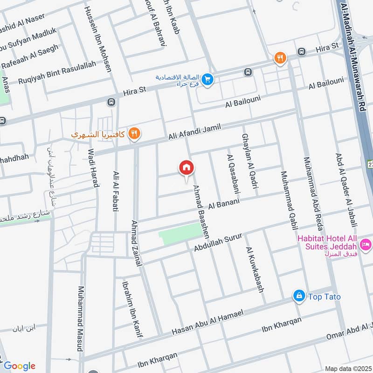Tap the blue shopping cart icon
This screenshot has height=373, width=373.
pos(208,80)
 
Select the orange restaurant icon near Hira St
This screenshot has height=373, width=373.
pos(280,58)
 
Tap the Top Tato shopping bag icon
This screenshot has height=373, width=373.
pos(298,296)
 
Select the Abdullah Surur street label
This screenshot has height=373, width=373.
pos(218,242)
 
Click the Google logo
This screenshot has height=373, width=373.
pos(19,366)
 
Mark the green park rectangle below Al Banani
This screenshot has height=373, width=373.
pos(180,233)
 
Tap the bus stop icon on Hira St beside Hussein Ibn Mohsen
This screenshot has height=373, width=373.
pos(111,102)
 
